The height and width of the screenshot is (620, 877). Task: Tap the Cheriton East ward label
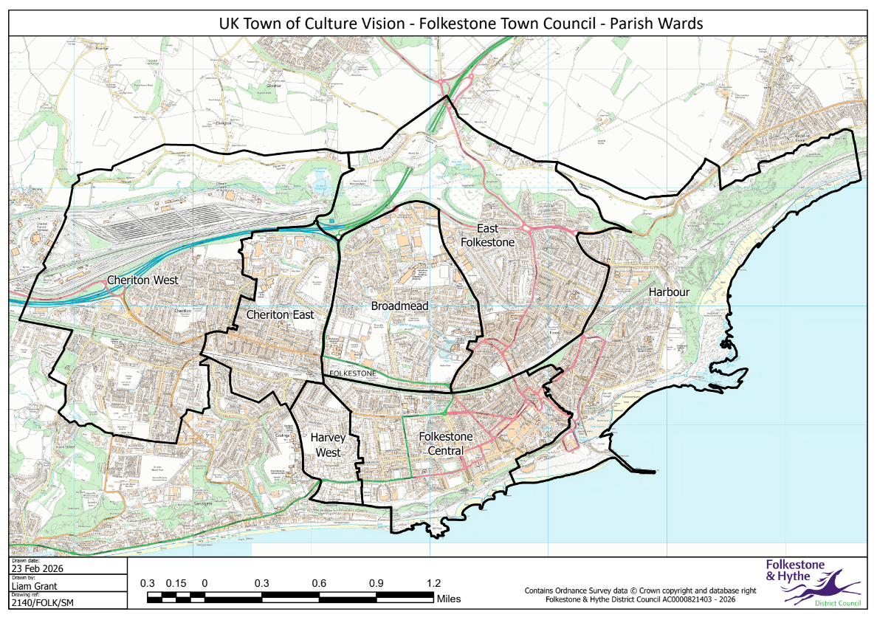(280, 314)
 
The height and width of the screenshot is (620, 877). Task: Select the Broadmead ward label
(399, 306)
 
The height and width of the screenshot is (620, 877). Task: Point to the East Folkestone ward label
(487, 235)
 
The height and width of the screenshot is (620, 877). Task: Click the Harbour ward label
(669, 292)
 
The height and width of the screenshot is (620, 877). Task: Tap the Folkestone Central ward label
(441, 444)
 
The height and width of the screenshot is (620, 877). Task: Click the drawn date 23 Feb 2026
(36, 569)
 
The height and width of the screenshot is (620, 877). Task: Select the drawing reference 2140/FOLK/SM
(43, 603)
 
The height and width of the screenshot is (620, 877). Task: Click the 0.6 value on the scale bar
(319, 583)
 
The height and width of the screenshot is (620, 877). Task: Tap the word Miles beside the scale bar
(449, 599)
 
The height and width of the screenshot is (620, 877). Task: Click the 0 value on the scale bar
(204, 583)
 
